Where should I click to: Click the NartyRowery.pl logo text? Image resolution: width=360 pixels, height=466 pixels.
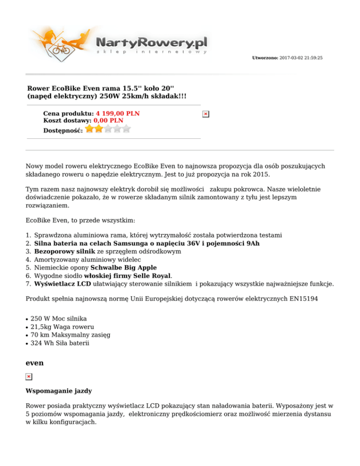(x=151, y=43)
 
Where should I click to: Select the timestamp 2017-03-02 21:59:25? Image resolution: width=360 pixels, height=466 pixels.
(x=300, y=58)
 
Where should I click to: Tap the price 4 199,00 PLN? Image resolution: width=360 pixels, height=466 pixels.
(x=118, y=113)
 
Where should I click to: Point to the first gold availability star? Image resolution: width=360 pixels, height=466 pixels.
(x=90, y=128)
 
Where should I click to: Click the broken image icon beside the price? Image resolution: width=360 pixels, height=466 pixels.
(x=205, y=114)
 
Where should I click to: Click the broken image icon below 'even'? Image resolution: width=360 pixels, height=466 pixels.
(x=29, y=377)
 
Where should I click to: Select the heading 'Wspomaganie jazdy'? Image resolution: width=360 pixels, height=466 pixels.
(x=53, y=391)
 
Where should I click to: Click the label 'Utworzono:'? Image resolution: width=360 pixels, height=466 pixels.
(x=265, y=58)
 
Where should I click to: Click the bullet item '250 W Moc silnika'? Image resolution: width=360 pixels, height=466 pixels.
(x=58, y=319)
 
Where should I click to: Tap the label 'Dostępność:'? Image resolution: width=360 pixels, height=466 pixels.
(x=63, y=130)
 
